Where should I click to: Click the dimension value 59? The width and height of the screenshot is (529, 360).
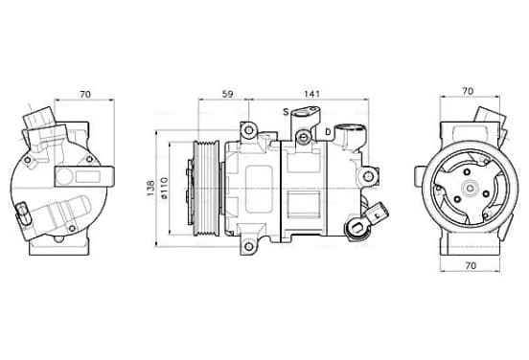click(x=228, y=94)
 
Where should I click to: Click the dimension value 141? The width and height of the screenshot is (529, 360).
click(x=311, y=94)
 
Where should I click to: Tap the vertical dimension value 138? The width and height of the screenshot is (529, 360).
click(x=150, y=189)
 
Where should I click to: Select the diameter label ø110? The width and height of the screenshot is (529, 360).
click(x=164, y=188)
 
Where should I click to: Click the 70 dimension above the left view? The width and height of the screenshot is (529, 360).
click(x=85, y=94)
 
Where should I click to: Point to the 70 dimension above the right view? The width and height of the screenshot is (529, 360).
click(x=468, y=91)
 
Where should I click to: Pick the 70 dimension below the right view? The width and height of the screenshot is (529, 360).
click(x=471, y=265)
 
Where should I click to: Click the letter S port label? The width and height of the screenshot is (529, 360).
click(x=286, y=112)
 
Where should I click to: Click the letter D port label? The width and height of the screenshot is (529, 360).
click(x=328, y=132)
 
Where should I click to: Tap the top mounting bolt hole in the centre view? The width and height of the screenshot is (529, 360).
click(x=248, y=130)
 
